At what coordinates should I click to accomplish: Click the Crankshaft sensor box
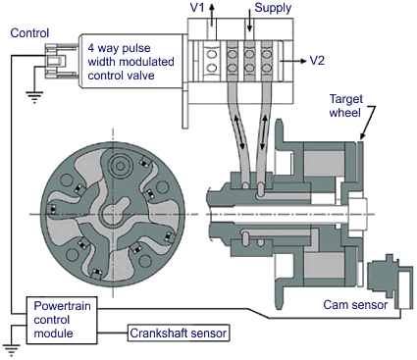[x=179, y=334]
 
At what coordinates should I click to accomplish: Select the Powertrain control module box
[x=62, y=320]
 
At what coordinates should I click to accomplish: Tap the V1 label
[x=197, y=8]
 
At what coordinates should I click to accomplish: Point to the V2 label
[x=317, y=61]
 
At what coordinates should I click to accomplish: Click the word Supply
[x=273, y=8]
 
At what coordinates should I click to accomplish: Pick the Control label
[x=29, y=33]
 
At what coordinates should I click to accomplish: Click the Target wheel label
[x=345, y=106]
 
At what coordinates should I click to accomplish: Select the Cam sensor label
[x=355, y=305]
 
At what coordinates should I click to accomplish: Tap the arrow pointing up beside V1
[x=212, y=14]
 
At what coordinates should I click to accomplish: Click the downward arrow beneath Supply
[x=249, y=20]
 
